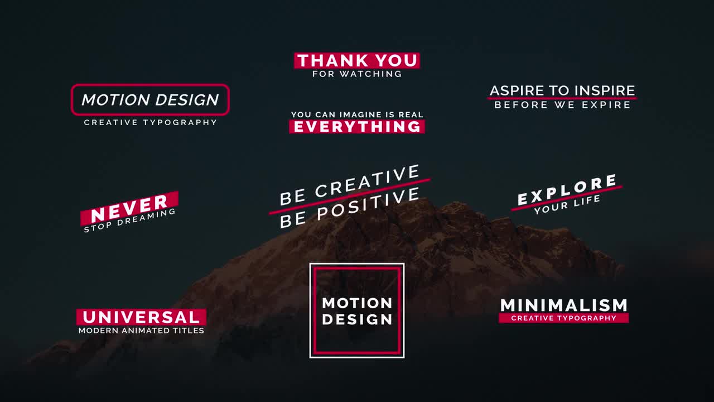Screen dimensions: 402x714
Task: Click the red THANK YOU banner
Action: coord(357,60)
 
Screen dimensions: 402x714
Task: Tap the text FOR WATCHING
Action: coord(357,74)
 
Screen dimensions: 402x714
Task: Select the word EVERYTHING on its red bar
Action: coord(357,127)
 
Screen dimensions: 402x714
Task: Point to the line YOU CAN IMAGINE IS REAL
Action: coord(357,114)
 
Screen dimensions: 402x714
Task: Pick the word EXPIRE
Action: coord(606,105)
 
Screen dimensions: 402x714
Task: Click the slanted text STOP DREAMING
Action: coord(129,221)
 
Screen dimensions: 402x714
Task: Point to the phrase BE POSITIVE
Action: coord(350,208)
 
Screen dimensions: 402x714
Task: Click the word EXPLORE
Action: coord(567,190)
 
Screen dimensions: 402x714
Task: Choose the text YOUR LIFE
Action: coord(567,205)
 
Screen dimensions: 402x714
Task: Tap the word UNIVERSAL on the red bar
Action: coord(141,317)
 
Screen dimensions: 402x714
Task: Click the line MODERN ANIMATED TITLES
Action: coord(141,331)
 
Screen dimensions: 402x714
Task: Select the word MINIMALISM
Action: coord(564,305)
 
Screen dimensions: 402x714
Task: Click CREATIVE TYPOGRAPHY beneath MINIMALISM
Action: coord(564,318)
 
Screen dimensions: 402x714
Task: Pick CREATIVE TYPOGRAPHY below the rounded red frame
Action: coord(150,122)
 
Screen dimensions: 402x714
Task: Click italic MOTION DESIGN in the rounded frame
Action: coord(150,100)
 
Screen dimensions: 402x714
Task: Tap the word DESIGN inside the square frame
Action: coord(357,319)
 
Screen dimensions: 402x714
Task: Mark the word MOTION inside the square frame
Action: coord(357,303)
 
